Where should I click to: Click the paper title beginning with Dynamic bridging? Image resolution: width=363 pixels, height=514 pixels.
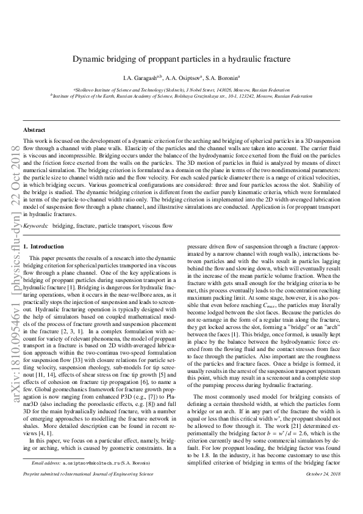point(181,59)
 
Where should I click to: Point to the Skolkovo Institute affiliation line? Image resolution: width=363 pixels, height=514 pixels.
point(181,89)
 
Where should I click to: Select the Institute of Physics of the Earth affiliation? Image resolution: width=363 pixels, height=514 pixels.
point(181,96)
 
